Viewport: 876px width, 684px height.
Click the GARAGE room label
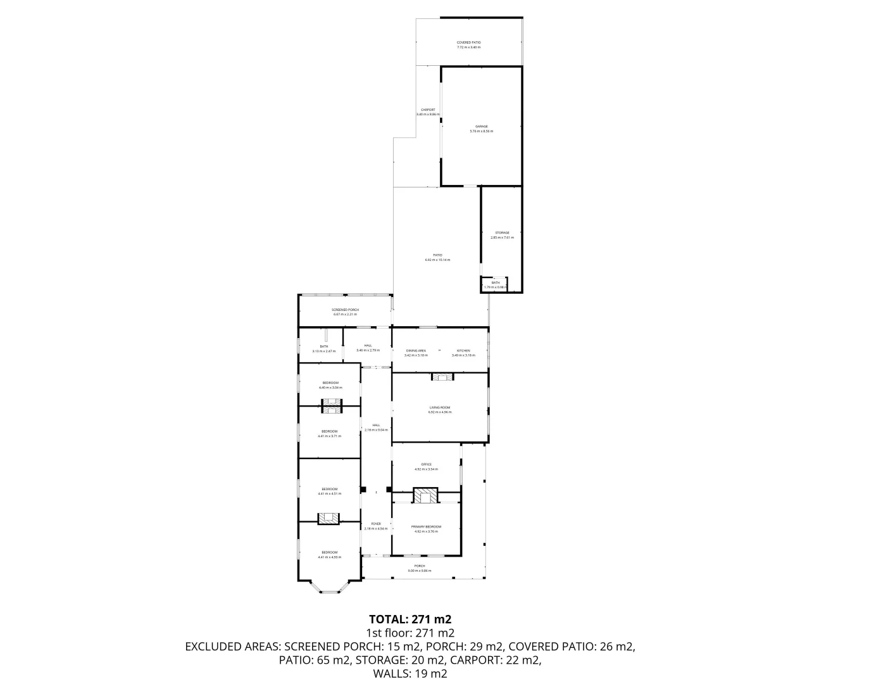tap(481, 127)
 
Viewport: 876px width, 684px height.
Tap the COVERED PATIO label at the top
tap(468, 42)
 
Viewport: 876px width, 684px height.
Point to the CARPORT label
tap(428, 110)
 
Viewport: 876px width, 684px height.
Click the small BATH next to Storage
tap(496, 283)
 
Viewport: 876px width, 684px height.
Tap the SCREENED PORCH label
tap(345, 310)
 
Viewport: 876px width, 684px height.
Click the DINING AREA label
tap(416, 350)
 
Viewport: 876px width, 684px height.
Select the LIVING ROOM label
tap(439, 407)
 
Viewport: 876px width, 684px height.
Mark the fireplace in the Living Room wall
tap(442, 377)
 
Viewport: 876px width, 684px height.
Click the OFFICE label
tap(426, 464)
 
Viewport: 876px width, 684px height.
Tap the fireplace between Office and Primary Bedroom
tap(425, 495)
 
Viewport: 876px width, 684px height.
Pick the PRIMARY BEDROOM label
tap(426, 526)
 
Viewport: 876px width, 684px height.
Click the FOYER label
tap(376, 524)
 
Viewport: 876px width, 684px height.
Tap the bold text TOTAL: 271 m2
tap(410, 619)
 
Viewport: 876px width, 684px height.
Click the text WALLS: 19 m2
tap(410, 673)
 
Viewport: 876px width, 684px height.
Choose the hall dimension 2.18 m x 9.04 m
tap(376, 430)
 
